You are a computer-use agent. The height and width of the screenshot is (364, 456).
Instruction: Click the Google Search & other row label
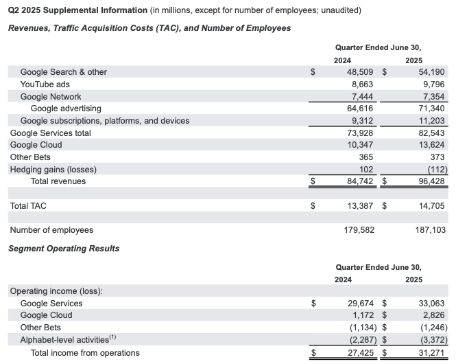click(x=64, y=71)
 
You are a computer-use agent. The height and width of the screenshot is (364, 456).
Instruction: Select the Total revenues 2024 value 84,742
click(x=358, y=181)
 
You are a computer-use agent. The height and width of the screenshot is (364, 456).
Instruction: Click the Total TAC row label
click(x=28, y=205)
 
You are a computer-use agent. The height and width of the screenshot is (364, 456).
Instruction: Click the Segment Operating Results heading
click(x=64, y=248)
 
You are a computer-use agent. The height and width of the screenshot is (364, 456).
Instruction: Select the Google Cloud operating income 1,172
click(x=361, y=315)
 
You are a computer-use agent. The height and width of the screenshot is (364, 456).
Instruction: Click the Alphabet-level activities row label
click(x=69, y=340)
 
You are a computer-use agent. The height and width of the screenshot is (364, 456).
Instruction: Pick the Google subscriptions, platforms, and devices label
click(x=105, y=121)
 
